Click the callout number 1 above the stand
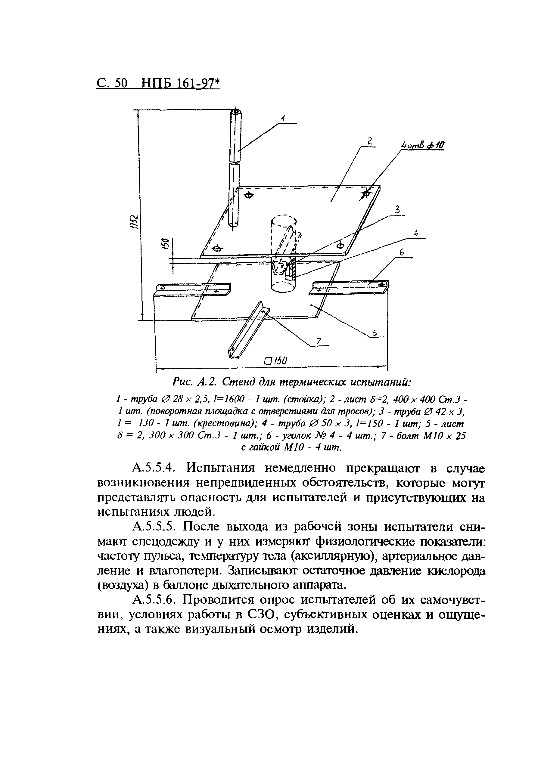point(283,119)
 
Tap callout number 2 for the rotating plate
point(369,142)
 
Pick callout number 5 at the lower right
point(375,333)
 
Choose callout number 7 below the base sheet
point(319,341)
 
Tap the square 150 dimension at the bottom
point(276,361)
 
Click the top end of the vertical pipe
point(237,112)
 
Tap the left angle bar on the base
point(193,288)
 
